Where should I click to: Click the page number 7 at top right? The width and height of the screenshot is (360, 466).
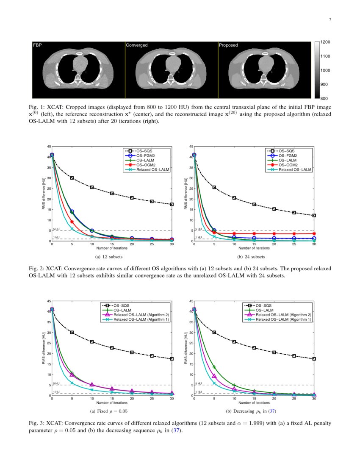coord(330,19)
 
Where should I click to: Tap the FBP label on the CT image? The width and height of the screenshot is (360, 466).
coord(37,45)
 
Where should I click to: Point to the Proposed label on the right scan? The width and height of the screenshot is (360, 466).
coord(228,45)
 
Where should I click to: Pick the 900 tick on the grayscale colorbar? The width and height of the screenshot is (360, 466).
coord(319,85)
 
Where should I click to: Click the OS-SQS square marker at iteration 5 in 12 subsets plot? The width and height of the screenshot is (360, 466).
coord(72,178)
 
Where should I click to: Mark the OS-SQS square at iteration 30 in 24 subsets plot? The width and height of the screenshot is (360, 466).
coord(314,216)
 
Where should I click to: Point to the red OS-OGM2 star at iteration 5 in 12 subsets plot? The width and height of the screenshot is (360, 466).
coord(72,222)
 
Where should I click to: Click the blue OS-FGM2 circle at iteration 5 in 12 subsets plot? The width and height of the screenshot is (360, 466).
coord(72,211)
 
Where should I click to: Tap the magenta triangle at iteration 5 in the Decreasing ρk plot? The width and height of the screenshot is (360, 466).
coord(214,376)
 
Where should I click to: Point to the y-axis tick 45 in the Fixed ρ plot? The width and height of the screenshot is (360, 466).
coord(49,300)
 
